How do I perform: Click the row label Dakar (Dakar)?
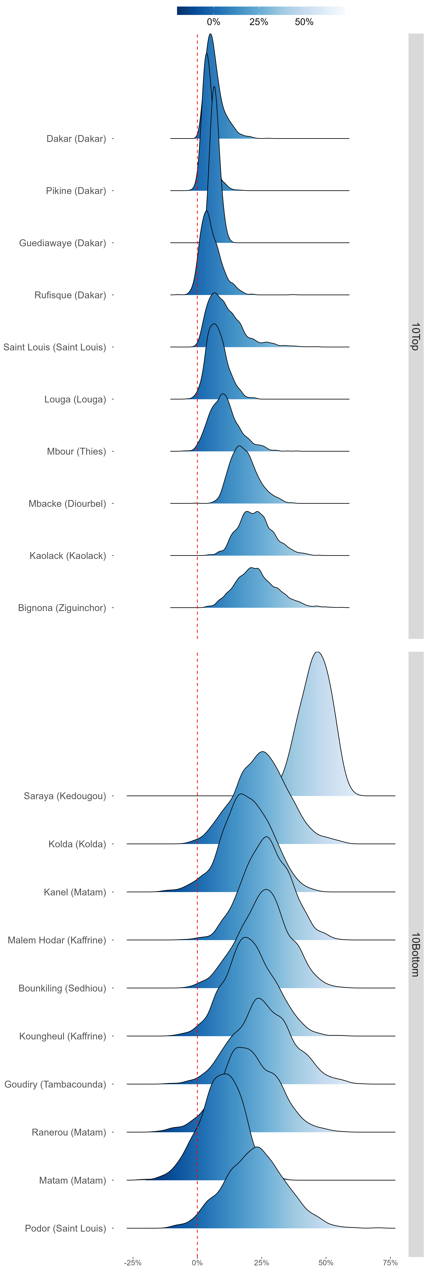point(76,139)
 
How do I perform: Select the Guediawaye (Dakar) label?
point(63,243)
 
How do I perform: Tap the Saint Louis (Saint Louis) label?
point(55,347)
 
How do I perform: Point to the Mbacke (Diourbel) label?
point(67,504)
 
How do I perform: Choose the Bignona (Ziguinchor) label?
point(62,608)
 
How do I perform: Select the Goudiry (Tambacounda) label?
point(55,1084)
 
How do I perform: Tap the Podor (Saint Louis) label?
point(66,1228)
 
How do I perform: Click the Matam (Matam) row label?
point(73,1180)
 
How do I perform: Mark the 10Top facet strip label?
point(416,336)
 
